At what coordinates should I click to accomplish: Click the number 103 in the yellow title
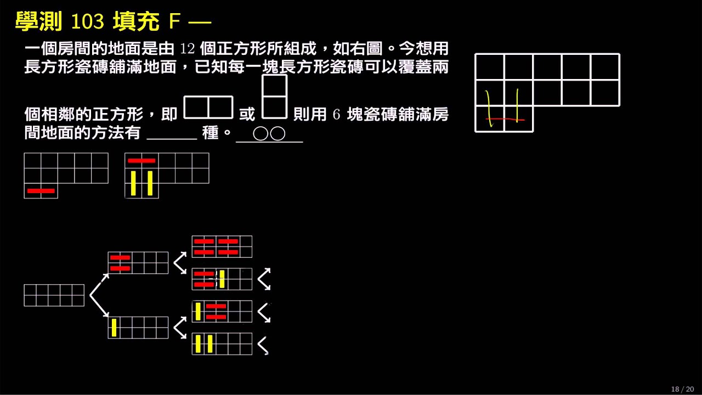[87, 21]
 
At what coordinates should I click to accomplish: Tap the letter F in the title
[174, 21]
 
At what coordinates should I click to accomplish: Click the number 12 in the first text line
[188, 49]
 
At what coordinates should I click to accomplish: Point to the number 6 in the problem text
[336, 115]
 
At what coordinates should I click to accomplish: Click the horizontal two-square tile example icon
[208, 108]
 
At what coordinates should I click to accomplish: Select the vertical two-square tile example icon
[275, 97]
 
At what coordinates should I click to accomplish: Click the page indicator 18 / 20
[683, 389]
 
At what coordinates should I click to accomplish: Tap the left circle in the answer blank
[261, 134]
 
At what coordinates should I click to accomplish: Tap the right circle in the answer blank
[278, 134]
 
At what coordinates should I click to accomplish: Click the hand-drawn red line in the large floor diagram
[505, 120]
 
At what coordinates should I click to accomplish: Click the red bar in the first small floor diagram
[41, 190]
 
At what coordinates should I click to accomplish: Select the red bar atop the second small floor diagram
[141, 161]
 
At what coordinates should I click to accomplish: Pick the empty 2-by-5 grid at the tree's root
[54, 295]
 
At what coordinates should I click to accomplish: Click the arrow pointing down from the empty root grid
[99, 306]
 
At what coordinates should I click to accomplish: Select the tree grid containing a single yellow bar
[138, 328]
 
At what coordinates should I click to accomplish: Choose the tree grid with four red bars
[222, 247]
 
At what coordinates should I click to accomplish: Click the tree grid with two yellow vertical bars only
[222, 344]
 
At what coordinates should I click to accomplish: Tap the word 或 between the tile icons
[247, 114]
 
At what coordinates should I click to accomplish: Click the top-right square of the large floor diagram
[605, 67]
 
